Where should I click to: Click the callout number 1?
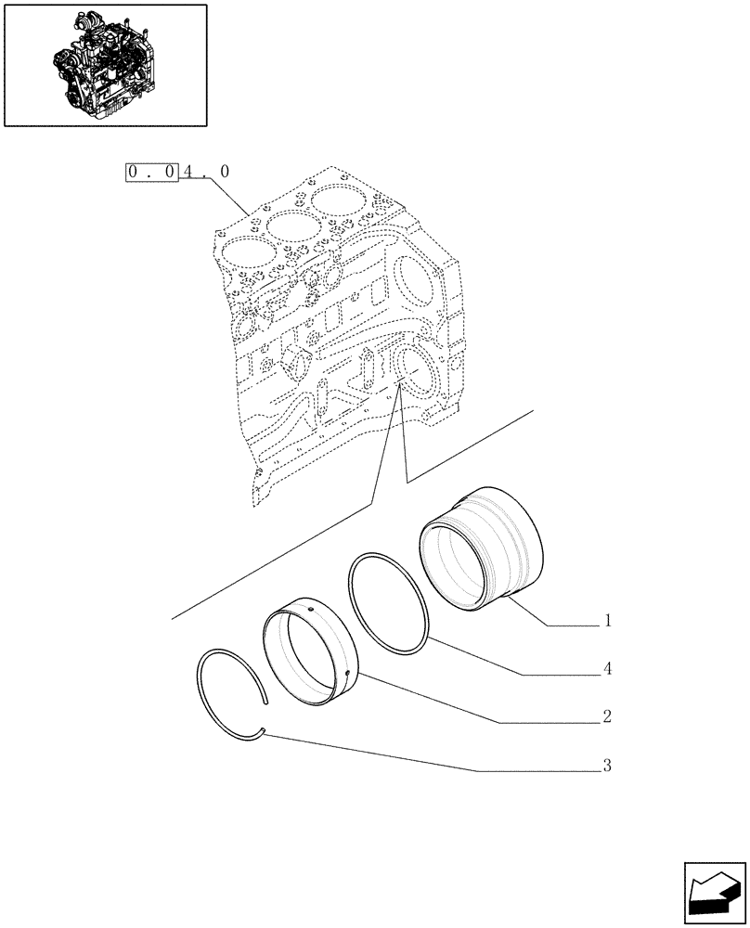(607, 621)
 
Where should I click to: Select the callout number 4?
(607, 668)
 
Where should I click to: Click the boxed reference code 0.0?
(151, 172)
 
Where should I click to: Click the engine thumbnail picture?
(105, 64)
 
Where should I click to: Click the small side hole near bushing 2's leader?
(345, 671)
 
